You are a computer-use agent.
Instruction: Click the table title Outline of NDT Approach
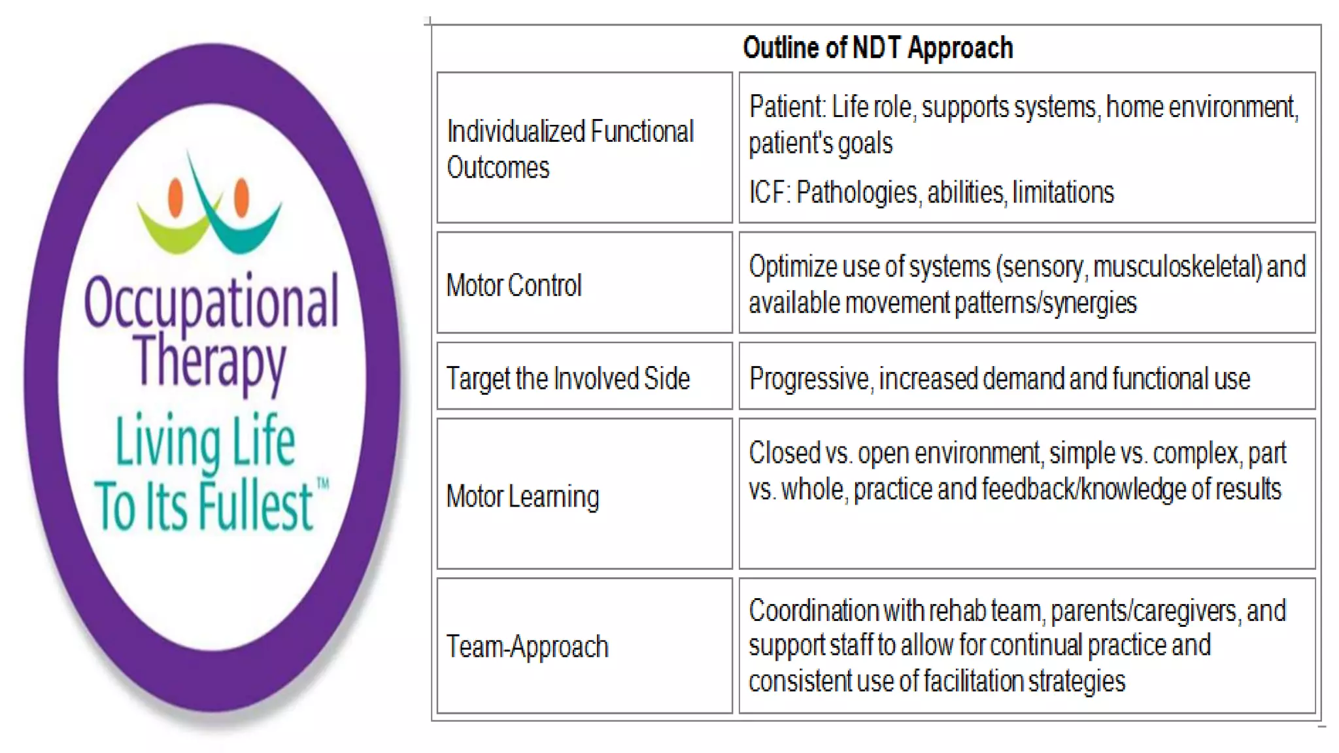point(877,48)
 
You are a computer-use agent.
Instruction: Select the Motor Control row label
point(513,285)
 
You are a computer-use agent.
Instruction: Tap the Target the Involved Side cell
point(568,378)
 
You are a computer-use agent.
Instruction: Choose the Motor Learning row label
point(522,496)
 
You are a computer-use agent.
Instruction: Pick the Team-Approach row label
point(527,646)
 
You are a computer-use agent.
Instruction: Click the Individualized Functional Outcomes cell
point(569,149)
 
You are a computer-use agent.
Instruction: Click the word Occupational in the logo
point(211,301)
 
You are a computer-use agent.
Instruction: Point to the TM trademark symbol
point(323,484)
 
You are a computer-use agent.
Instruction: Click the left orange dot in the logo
point(175,197)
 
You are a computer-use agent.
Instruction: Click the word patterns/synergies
point(1045,303)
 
